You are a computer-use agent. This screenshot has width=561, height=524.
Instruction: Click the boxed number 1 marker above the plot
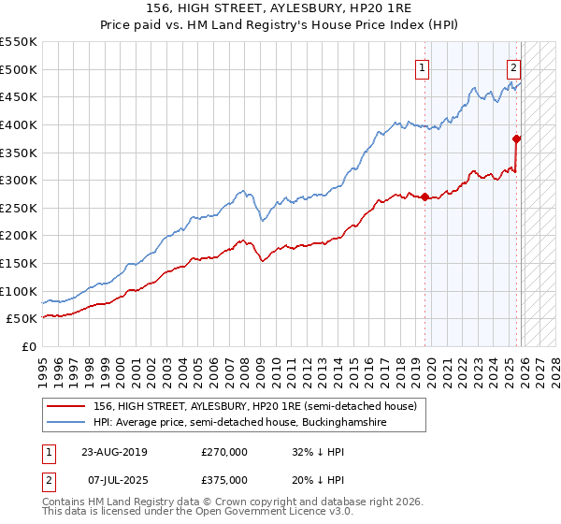coord(423,66)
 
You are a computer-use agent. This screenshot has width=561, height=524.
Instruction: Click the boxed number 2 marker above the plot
coord(514,66)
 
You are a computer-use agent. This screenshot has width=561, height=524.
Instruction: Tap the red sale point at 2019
coord(424,197)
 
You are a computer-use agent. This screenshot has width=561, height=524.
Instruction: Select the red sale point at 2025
coord(516,139)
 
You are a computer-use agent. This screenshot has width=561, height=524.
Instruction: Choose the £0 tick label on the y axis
coord(28,346)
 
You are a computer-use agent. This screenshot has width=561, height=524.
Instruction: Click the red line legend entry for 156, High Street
coord(260,406)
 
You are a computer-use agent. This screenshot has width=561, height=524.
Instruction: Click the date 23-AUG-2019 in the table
coord(114,451)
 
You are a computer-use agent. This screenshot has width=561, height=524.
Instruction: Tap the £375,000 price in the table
coord(224,479)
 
